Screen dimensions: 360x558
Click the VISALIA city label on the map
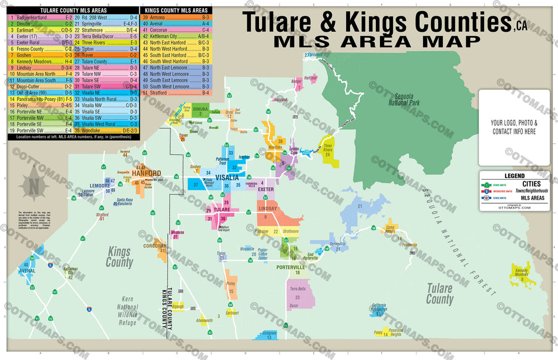pyautogui.click(x=227, y=177)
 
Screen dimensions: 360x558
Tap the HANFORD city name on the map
pyautogui.click(x=146, y=174)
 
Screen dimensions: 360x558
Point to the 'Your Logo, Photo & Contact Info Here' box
pyautogui.click(x=513, y=127)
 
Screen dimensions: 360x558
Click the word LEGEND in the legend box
pyautogui.click(x=514, y=176)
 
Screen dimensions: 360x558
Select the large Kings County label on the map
pyautogui.click(x=119, y=257)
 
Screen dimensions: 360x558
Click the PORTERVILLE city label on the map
pyautogui.click(x=294, y=267)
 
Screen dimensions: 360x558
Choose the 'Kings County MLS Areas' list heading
pyautogui.click(x=176, y=11)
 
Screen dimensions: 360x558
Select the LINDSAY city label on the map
pyautogui.click(x=267, y=209)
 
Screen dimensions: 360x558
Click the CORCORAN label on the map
pyautogui.click(x=156, y=245)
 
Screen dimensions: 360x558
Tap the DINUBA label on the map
pyautogui.click(x=200, y=108)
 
